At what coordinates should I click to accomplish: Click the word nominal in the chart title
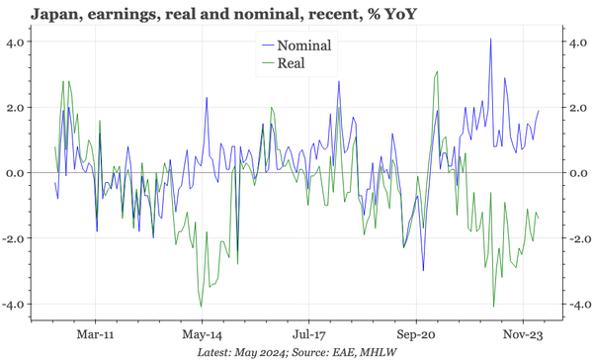(x=234, y=15)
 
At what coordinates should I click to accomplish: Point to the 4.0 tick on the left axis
(x=17, y=43)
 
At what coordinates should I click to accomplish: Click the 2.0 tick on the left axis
(x=17, y=108)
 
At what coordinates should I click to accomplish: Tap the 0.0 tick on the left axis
(x=17, y=173)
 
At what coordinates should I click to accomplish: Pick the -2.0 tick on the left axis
(x=15, y=238)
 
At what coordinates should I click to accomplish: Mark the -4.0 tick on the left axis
(x=15, y=304)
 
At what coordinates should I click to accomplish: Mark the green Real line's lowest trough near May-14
(x=201, y=306)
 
